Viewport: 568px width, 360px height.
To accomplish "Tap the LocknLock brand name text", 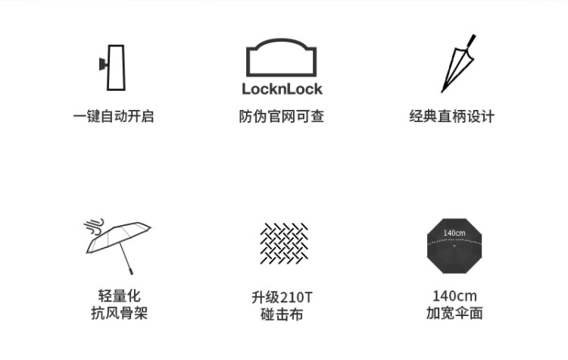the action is point(282,89).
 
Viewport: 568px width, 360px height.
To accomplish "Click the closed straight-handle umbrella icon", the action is point(458,64).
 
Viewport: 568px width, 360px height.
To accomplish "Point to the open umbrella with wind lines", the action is point(118,246).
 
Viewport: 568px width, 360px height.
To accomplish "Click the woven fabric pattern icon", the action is point(284,243).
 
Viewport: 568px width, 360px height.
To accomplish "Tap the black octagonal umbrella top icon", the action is point(454,246).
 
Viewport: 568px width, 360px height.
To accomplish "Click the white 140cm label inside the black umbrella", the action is point(454,233).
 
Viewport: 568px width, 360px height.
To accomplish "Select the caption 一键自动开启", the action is point(114,117).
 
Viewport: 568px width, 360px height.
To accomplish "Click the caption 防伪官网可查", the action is point(282,117).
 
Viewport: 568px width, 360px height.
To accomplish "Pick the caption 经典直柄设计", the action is point(451,117).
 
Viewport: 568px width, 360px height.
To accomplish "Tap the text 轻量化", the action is point(119,296).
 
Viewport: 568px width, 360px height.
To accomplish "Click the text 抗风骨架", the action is point(119,313).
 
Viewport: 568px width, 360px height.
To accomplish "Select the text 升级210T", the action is point(282,297).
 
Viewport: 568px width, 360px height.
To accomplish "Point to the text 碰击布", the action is point(282,315).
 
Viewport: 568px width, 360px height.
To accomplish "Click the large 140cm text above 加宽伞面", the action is point(454,296).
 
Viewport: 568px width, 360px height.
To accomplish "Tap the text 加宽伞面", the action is point(454,313).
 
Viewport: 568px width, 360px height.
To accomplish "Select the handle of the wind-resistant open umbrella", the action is point(130,271).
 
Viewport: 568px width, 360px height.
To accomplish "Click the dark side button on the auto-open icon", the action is point(103,64).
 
